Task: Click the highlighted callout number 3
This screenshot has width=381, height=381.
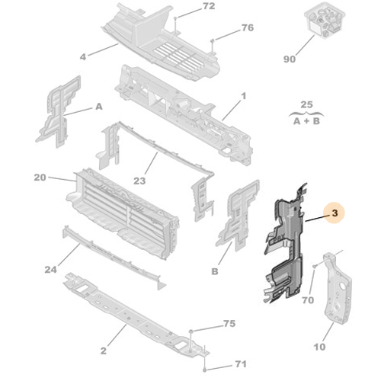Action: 335,213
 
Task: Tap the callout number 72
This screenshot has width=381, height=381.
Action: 209,6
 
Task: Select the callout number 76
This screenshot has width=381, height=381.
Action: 248,27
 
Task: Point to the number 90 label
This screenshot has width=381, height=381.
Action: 290,59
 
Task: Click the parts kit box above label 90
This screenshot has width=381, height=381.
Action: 325,22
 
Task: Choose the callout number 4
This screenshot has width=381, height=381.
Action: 83,57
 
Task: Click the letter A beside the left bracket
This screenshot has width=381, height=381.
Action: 99,107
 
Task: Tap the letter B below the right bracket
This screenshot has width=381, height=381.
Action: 215,271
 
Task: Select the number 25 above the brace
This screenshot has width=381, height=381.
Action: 306,104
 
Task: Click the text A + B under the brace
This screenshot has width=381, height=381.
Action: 306,121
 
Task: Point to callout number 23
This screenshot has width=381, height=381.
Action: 139,181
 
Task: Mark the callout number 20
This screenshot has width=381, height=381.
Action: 40,178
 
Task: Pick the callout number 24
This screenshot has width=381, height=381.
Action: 50,270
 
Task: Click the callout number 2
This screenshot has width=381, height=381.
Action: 103,351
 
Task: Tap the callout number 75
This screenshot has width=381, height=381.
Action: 229,324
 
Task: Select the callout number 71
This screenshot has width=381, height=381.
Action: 241,364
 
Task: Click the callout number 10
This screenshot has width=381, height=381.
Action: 319,347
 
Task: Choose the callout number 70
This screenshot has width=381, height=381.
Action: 308,300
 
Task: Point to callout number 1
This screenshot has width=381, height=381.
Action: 244,96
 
